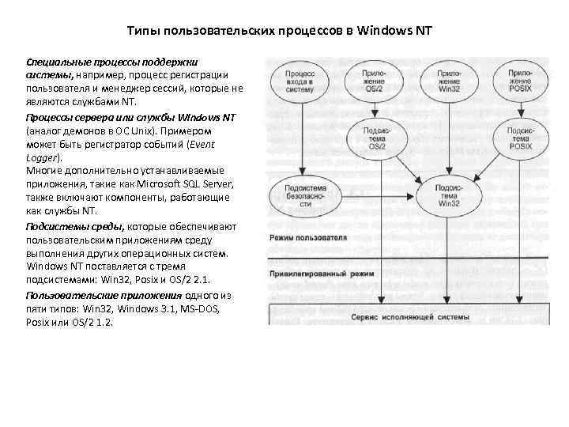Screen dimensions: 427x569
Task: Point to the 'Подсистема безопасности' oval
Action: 300,196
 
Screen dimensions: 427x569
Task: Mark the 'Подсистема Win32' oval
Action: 449,195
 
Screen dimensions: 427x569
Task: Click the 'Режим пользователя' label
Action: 308,237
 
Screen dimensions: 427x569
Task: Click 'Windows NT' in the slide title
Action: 396,32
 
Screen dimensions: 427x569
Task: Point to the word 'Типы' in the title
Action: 145,32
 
